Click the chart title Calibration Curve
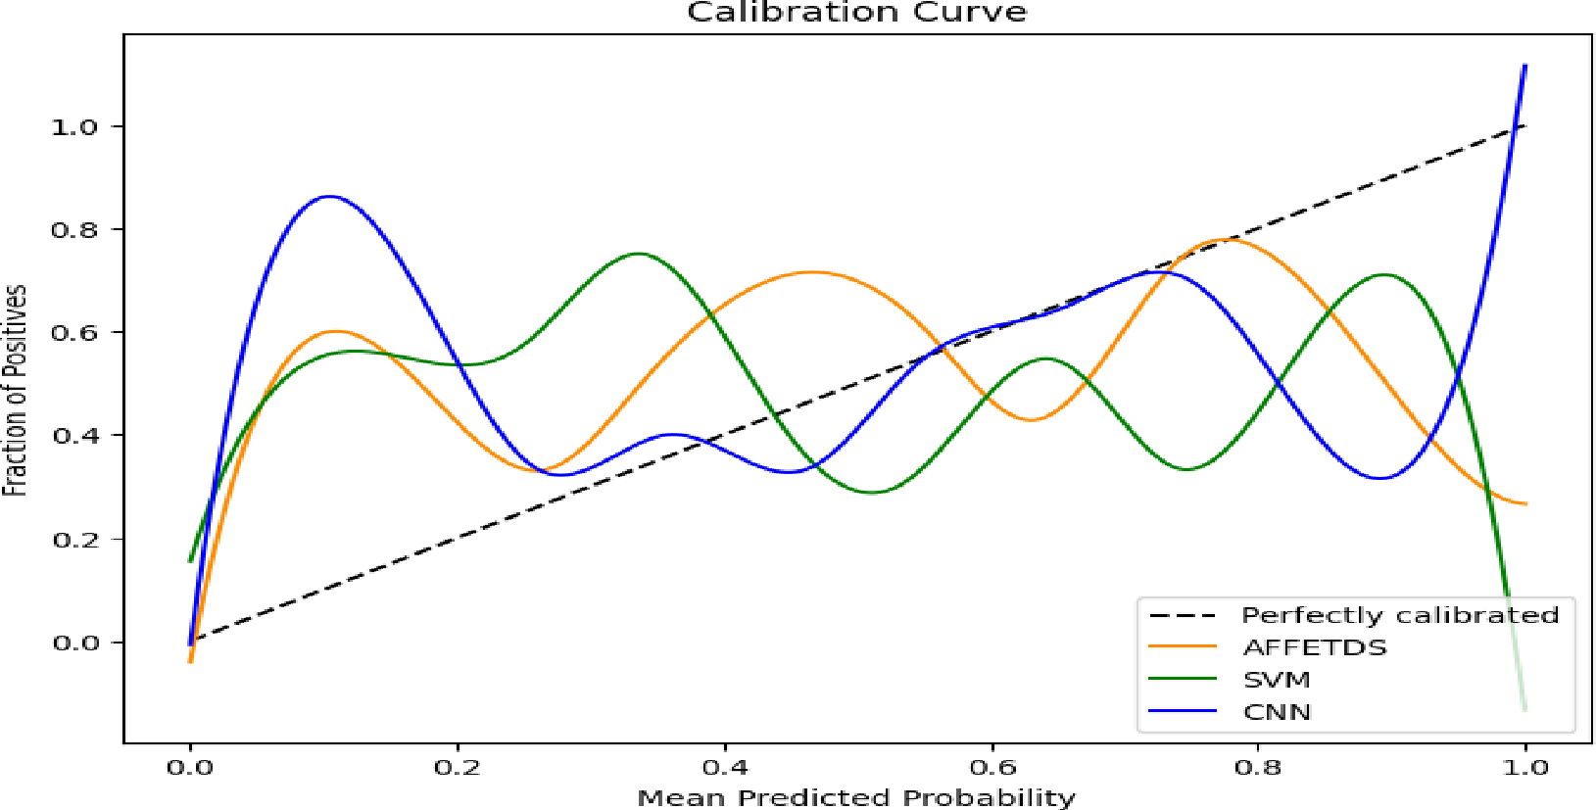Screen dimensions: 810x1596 [x=856, y=13]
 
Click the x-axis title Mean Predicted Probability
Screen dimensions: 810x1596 [x=856, y=797]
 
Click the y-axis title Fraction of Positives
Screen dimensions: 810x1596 [x=15, y=390]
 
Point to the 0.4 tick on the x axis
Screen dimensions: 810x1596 [x=725, y=767]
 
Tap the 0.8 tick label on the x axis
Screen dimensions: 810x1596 [x=1258, y=767]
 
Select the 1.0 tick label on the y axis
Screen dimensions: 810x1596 [x=74, y=126]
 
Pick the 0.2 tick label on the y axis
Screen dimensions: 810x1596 [x=74, y=539]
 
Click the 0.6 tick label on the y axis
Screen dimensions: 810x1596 [x=74, y=333]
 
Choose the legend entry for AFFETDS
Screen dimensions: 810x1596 [x=1315, y=647]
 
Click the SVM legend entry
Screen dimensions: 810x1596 [x=1277, y=680]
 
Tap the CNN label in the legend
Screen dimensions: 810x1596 [x=1277, y=712]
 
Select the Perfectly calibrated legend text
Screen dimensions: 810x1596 [x=1399, y=615]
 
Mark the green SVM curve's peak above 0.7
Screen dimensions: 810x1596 [x=639, y=254]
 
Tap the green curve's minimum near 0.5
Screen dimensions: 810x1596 [x=872, y=493]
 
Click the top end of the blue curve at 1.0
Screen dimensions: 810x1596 [x=1524, y=67]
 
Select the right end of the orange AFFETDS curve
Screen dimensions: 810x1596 [x=1524, y=503]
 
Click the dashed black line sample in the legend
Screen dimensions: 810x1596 [x=1183, y=615]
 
